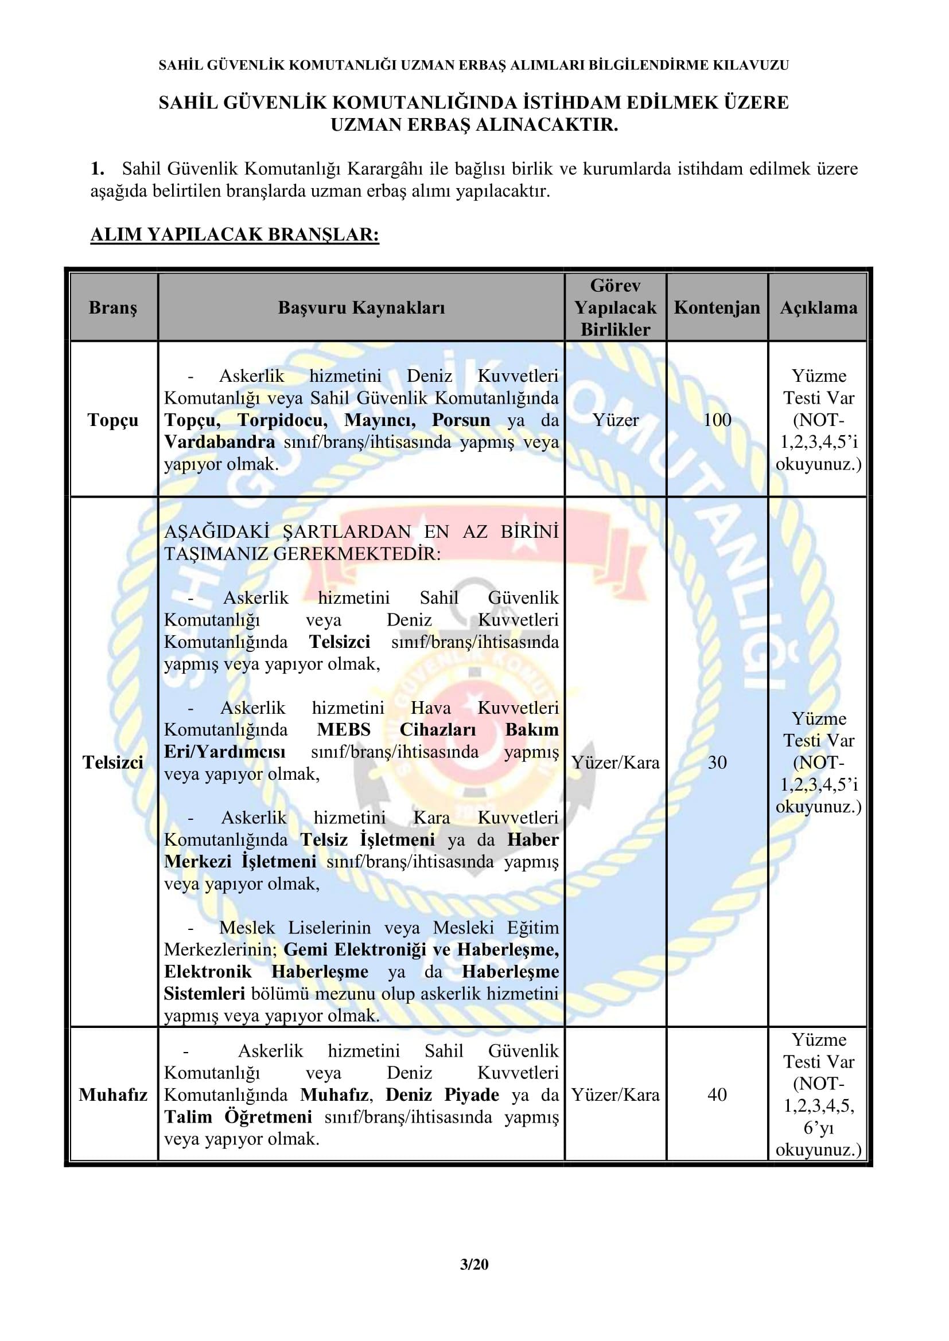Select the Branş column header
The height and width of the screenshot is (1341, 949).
point(113,308)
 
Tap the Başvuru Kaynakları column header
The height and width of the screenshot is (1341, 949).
point(361,308)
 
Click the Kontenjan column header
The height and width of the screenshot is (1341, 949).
point(717,308)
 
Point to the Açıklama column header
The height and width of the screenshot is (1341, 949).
point(818,308)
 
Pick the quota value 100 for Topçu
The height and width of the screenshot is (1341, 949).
point(717,420)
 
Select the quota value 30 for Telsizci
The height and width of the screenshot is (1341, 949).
point(717,763)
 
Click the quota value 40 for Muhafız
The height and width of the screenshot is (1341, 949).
point(717,1094)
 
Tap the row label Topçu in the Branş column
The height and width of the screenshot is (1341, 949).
point(113,420)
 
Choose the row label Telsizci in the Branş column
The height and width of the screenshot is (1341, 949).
point(113,763)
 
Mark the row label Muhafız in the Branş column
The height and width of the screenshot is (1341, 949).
point(113,1094)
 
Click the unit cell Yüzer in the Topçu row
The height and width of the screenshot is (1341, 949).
point(615,420)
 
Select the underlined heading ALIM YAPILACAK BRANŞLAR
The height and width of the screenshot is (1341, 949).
point(235,235)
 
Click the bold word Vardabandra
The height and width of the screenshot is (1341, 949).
point(219,442)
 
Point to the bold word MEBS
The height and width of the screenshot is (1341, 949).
point(344,730)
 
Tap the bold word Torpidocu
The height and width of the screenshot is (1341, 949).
point(282,420)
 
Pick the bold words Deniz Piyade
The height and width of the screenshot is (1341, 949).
point(442,1094)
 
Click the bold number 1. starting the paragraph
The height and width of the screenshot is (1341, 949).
point(98,169)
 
